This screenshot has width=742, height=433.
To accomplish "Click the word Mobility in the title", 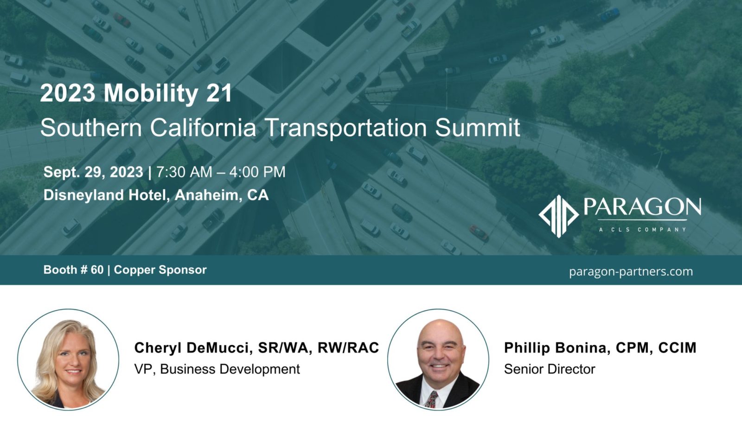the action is point(151,94).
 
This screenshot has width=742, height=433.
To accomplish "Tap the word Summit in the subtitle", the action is point(477,128).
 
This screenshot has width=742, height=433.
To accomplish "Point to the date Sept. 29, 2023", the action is point(93,172).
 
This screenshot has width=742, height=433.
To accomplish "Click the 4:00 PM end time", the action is point(257,172).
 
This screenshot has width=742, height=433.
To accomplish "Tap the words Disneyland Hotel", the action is point(104,194).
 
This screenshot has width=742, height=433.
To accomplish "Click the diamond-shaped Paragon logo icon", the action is point(558,216).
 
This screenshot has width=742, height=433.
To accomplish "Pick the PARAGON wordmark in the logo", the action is point(642,207).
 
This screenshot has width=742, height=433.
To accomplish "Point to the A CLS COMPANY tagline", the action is point(642,229).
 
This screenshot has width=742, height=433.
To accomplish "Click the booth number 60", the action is point(97,270).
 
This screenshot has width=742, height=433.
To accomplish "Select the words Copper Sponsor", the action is point(160,270).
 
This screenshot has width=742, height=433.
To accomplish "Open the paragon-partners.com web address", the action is point(631,271).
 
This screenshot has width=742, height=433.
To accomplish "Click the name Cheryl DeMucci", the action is point(192,348).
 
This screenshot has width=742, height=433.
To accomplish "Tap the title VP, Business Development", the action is point(217,369).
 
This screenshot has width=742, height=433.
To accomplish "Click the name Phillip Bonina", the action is point(557,348).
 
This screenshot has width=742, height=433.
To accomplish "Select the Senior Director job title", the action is point(550,369).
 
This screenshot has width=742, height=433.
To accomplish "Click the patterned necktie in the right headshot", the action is point(432,399).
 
